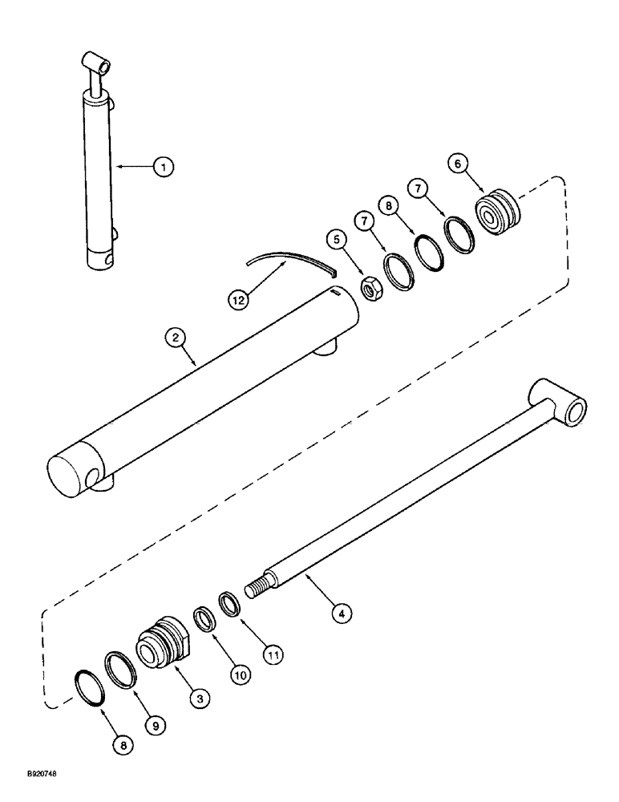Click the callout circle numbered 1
pos(164,167)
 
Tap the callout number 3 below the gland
pos(200,699)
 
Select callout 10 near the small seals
pos(240,674)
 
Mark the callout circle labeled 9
pos(156,723)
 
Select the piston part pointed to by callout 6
pos(499,215)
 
